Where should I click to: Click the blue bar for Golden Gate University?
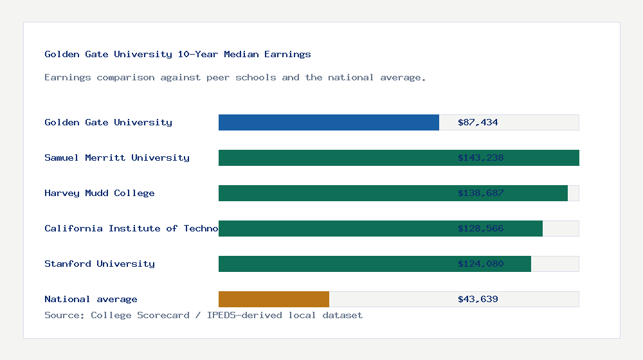pos(329,122)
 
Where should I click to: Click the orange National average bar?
pos(274,299)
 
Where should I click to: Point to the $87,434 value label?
pos(478,122)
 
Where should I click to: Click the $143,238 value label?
pos(480,157)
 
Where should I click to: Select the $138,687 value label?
pos(480,193)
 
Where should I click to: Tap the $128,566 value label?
pos(480,228)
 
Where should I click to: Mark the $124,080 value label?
pos(480,264)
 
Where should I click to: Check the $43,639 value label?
pos(478,299)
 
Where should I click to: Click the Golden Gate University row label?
pos(108,122)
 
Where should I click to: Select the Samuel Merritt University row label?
pos(117,157)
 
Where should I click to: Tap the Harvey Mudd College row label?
pos(100,193)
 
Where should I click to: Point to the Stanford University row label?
pos(100,264)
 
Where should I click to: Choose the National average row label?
pos(91,299)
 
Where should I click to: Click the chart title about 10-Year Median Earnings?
pos(177,55)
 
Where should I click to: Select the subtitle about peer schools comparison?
pos(235,78)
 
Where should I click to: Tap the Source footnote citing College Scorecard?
pos(203,315)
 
